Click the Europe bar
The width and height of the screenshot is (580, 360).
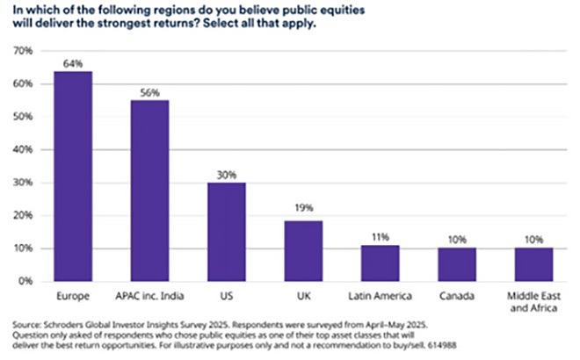click(x=73, y=176)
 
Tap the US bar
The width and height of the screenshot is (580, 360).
click(x=228, y=232)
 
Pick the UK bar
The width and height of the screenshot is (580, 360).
click(x=304, y=250)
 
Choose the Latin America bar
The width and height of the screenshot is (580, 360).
click(x=381, y=263)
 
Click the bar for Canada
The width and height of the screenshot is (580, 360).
click(x=457, y=265)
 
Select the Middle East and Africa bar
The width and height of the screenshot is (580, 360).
click(x=533, y=265)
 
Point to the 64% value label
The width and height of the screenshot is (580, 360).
click(x=73, y=62)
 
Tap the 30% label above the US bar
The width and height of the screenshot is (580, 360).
click(x=228, y=174)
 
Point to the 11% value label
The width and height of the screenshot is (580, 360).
click(x=381, y=237)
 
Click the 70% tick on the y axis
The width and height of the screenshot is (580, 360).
click(x=24, y=51)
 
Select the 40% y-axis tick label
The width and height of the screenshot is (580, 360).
click(x=24, y=149)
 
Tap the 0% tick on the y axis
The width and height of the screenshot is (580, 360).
click(x=26, y=281)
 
